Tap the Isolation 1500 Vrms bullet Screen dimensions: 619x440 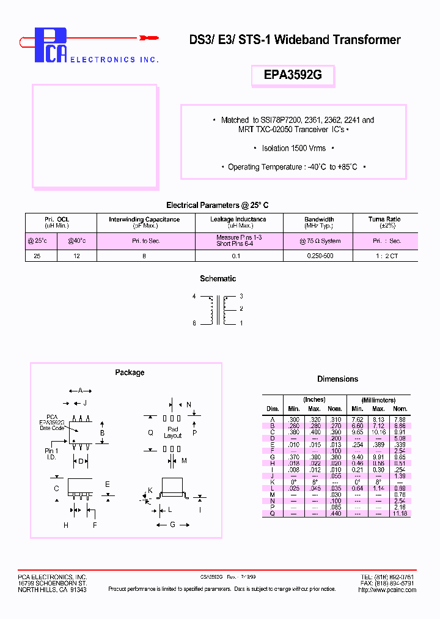click(x=293, y=149)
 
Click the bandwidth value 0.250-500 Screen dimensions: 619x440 click(x=320, y=256)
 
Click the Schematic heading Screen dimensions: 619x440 click(x=218, y=279)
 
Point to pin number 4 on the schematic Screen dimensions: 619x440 click(x=194, y=297)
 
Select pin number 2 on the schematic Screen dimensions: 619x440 click(x=241, y=309)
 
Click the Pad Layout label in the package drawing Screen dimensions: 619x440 click(x=173, y=432)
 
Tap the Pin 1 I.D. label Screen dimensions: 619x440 click(x=52, y=453)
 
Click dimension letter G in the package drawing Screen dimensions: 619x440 click(x=173, y=524)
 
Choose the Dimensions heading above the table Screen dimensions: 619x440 click(x=337, y=379)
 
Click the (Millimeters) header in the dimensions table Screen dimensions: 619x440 click(x=378, y=400)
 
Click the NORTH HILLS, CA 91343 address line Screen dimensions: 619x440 click(x=52, y=590)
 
